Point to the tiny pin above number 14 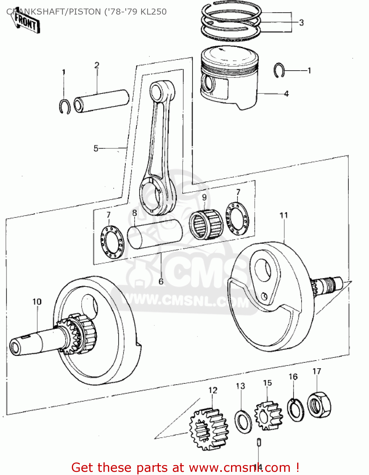[x=259, y=442]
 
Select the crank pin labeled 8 [x=155, y=234]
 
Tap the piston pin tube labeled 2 [x=101, y=101]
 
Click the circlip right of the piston [x=279, y=70]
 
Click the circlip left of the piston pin [x=65, y=106]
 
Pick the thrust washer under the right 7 [x=237, y=219]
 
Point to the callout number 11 [x=284, y=215]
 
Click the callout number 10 [x=37, y=302]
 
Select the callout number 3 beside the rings [x=301, y=22]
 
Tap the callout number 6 [x=161, y=281]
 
